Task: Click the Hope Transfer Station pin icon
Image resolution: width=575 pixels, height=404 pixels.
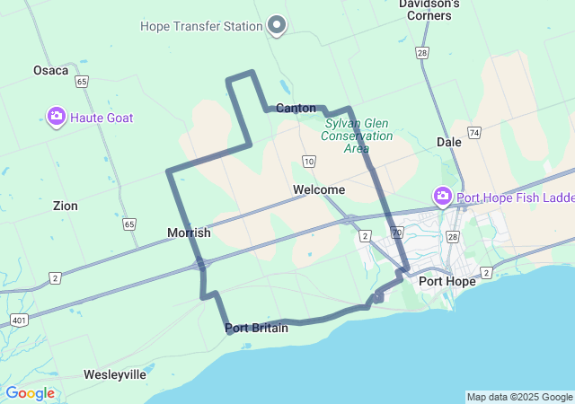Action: point(277,25)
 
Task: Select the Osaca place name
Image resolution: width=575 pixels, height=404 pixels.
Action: point(50,70)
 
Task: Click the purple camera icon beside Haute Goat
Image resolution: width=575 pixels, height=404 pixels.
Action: point(57,116)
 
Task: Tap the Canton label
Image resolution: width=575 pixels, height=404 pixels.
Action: point(296,109)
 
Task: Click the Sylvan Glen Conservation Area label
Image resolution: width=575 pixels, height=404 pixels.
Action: point(358,136)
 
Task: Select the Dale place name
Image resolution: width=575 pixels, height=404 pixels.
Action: point(448,142)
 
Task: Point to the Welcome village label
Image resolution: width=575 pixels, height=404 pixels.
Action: point(318,190)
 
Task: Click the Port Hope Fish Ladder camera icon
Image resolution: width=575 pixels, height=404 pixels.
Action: point(442,196)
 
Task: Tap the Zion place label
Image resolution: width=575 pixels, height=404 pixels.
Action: point(65,206)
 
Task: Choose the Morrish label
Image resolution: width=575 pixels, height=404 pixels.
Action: point(189,233)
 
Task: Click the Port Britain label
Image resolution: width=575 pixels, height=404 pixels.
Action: point(257,329)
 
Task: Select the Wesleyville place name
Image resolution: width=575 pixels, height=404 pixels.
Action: point(114,374)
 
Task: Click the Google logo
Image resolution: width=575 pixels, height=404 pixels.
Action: point(30,393)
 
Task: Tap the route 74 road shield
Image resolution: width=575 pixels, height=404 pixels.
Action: point(473,132)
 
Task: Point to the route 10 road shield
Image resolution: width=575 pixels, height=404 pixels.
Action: point(309,162)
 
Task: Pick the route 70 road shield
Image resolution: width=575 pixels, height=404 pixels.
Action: point(395,257)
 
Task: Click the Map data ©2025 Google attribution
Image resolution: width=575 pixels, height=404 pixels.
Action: point(519,397)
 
